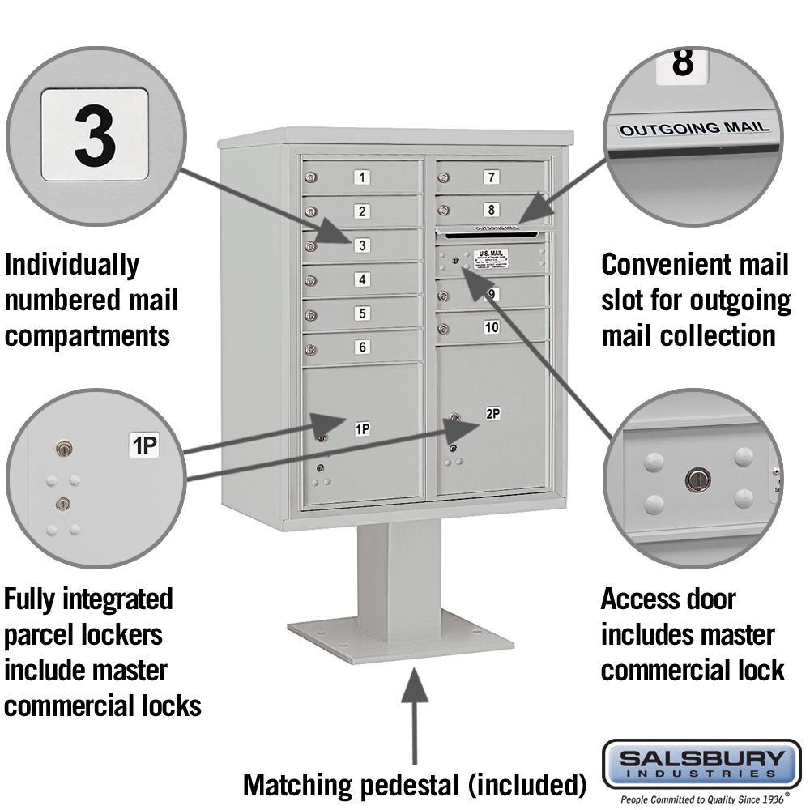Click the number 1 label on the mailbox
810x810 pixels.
[x=363, y=177]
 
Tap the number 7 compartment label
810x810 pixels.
[x=491, y=177]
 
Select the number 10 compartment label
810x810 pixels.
[x=492, y=327]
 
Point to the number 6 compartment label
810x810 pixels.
[x=363, y=347]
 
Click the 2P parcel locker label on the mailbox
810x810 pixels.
[x=492, y=414]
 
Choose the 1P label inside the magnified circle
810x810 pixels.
[x=144, y=445]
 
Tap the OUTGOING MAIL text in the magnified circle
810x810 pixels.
[x=694, y=128]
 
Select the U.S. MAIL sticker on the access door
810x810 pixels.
[x=491, y=258]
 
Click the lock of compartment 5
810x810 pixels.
[x=310, y=315]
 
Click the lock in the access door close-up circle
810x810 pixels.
[x=696, y=480]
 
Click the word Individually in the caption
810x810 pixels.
[x=72, y=264]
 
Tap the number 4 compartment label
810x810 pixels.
[x=363, y=279]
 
